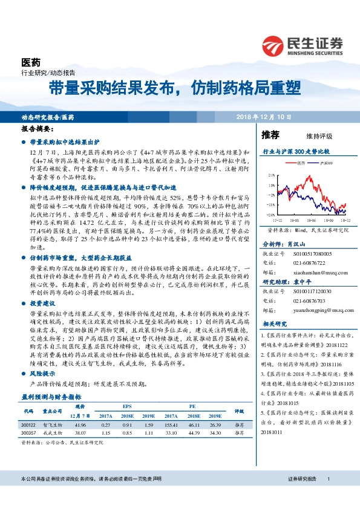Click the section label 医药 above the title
[31, 62]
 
